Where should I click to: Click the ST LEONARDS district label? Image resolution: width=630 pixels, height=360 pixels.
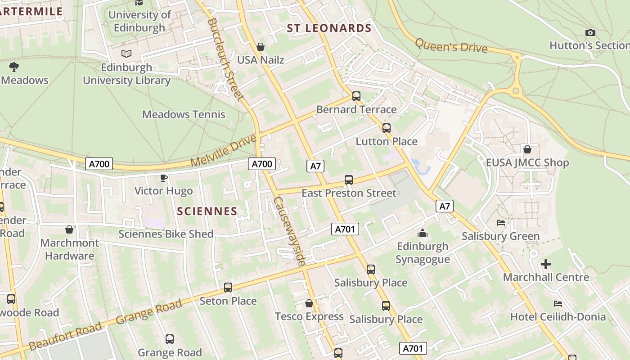(329, 28)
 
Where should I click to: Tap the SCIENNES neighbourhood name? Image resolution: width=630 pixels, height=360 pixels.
(207, 211)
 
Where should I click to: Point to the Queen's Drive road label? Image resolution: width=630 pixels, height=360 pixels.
(451, 45)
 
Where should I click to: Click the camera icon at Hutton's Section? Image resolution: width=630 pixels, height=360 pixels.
(590, 32)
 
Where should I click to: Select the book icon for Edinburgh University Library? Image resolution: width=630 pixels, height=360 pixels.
(126, 54)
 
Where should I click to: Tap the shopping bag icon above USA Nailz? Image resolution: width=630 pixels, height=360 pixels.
(260, 47)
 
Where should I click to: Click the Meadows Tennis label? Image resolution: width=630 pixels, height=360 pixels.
(184, 114)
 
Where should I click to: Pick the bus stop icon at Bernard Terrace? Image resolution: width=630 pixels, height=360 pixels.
(356, 96)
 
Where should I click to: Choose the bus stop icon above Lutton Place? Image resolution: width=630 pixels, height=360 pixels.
(386, 128)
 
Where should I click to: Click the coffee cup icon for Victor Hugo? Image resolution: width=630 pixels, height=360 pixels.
(164, 178)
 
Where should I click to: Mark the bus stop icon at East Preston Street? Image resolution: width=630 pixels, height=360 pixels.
(348, 180)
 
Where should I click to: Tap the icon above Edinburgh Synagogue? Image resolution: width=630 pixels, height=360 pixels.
(422, 233)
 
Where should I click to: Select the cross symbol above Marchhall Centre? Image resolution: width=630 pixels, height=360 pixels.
(545, 264)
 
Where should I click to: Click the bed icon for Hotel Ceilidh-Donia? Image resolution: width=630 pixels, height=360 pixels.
(558, 304)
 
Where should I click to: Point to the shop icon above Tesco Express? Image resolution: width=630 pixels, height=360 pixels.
(309, 303)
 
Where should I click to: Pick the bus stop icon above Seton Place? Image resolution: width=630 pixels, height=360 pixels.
(228, 287)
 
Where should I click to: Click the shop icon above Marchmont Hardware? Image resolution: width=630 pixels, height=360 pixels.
(69, 230)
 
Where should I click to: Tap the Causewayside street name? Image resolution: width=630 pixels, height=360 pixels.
(290, 231)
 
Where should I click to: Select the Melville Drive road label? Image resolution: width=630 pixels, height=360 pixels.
(224, 151)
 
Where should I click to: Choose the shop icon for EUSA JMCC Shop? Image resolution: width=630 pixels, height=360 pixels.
(527, 149)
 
